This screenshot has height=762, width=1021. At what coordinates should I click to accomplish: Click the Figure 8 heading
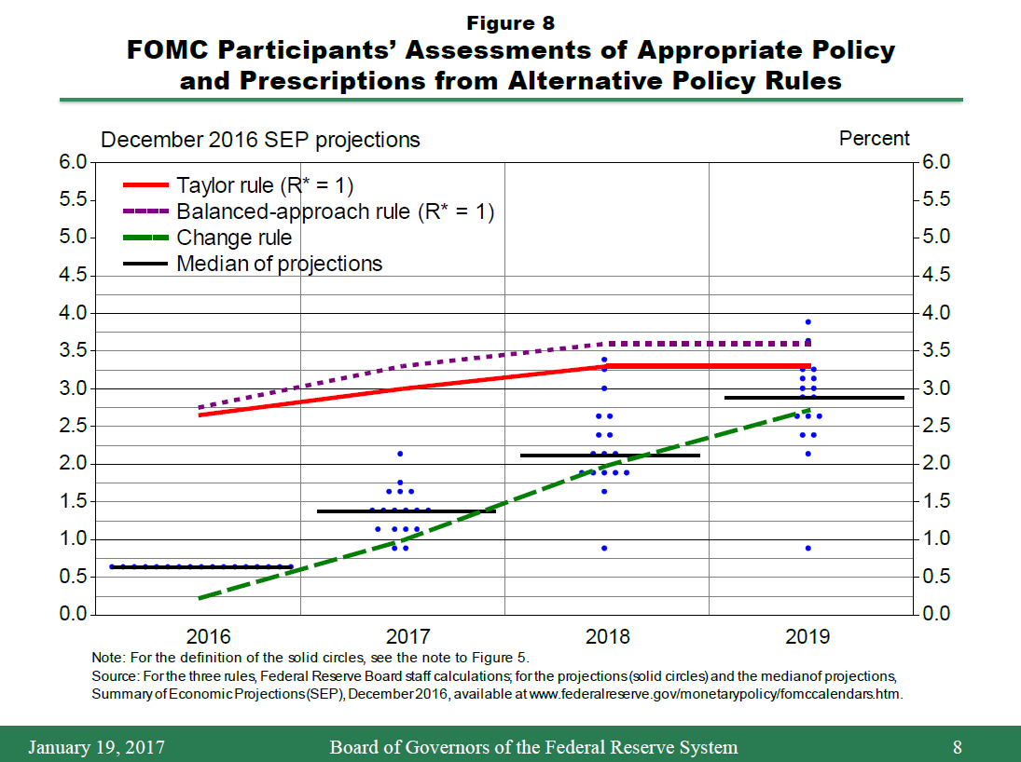pos(511,22)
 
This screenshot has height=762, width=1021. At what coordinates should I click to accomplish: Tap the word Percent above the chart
pos(874,139)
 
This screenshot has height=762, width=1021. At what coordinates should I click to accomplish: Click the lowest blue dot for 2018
pos(604,548)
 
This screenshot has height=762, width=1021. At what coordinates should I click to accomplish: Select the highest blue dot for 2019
pos(808,322)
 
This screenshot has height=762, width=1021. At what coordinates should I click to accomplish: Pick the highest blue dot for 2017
pos(400,454)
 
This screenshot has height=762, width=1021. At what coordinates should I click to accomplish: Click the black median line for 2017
pos(407,511)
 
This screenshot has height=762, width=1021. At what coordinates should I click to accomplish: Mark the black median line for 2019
pos(814,398)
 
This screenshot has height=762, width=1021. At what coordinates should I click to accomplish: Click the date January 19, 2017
pos(96,747)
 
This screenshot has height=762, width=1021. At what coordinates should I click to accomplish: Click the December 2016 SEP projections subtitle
pos(260,140)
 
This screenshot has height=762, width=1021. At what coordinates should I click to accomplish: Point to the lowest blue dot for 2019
pos(808,548)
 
